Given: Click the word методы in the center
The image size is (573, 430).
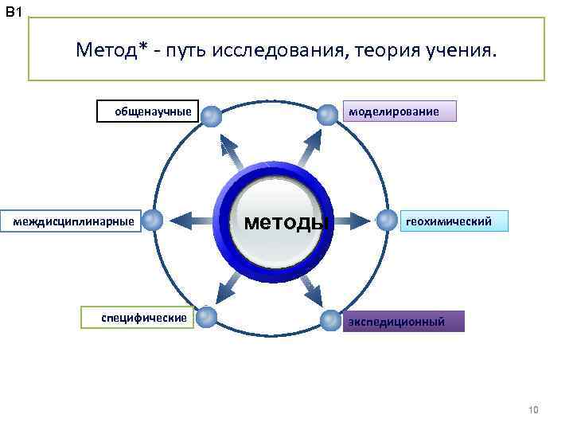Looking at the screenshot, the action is pos(286,222).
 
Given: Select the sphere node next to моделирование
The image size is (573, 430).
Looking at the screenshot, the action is pos(327,115).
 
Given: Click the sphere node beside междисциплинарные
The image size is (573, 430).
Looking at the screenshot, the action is pos(154,221).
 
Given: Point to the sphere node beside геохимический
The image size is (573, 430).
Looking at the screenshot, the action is pos(387,220).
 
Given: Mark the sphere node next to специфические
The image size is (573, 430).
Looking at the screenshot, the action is pos(206,317).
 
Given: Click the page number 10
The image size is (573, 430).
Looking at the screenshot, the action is pos(533,410).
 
